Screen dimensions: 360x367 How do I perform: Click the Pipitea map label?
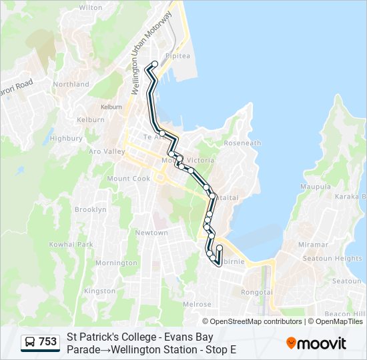click(178, 56)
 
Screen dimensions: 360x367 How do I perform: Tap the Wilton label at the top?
click(90, 7)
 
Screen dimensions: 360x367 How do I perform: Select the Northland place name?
click(71, 84)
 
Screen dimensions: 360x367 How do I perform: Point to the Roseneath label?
click(243, 143)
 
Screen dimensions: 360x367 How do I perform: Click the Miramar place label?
click(313, 245)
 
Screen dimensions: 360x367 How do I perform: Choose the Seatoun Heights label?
click(332, 259)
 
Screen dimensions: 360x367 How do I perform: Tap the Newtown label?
click(151, 233)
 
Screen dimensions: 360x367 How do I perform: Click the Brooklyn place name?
click(90, 209)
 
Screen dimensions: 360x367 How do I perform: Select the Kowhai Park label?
click(75, 245)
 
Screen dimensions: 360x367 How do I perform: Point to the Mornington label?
click(115, 263)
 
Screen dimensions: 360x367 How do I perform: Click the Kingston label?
click(99, 291)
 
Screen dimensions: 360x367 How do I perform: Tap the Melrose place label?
click(197, 304)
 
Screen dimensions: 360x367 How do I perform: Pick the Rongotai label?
click(256, 291)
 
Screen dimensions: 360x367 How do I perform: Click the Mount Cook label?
click(129, 179)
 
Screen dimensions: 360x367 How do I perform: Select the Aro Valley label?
click(107, 151)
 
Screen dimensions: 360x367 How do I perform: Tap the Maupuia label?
click(316, 187)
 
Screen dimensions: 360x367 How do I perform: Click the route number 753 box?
click(41, 342)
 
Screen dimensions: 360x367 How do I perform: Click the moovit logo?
click(316, 343)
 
